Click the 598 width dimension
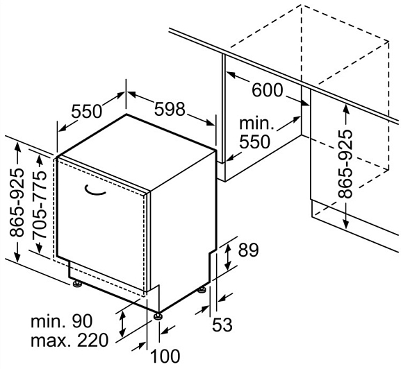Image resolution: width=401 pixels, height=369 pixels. pos(170,109)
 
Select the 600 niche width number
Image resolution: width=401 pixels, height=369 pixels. pos(268,90)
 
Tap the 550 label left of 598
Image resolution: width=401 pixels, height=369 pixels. pos(86,111)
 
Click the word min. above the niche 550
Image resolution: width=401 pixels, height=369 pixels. pos(256,123)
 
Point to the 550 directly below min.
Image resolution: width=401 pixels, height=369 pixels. pos(254,142)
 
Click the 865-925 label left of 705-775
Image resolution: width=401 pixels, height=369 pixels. pos(17,203)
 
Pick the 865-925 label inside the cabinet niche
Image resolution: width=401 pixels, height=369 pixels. pos(345,164)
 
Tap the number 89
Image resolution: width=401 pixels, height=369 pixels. pos(248,250)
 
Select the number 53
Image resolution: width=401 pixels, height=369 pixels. pos(222,325)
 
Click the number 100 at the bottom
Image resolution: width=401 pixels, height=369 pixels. pos(165,356)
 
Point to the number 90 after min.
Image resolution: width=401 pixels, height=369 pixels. pos(82,321)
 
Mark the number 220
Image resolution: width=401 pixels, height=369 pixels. pos(93,340)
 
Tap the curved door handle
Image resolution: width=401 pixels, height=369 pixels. pos(95,191)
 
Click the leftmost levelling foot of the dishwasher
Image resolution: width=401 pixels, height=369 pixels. pos(77,284)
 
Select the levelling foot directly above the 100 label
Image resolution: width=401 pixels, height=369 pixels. pos(158,316)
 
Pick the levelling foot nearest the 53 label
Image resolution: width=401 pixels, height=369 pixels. pos(202,290)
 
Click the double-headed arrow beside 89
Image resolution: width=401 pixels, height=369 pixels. pos(227,257)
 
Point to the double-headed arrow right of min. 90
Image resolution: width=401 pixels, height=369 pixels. pos(123,324)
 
